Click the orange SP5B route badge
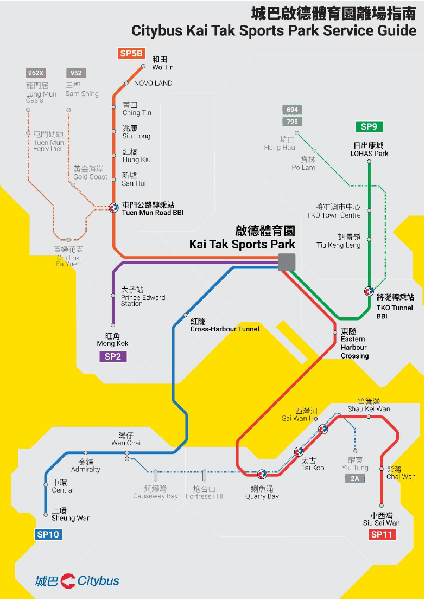(x=131, y=53)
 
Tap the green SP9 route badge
(x=369, y=127)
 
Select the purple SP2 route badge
(x=112, y=356)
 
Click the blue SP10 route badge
(x=48, y=534)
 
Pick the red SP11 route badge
(x=382, y=535)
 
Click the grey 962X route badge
(x=35, y=73)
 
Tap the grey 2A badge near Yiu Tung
(x=354, y=478)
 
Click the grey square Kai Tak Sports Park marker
(x=287, y=262)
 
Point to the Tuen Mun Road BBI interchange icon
(x=113, y=207)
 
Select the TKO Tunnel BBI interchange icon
(x=369, y=291)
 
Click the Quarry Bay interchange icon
(x=262, y=474)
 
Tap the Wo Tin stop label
(x=163, y=63)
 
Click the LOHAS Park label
(x=369, y=149)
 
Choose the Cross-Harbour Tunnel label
(x=224, y=325)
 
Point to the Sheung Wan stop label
(x=71, y=515)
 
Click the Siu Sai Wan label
(x=381, y=519)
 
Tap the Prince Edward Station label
(x=143, y=297)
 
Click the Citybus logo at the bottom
(x=77, y=580)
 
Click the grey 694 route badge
(x=293, y=110)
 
